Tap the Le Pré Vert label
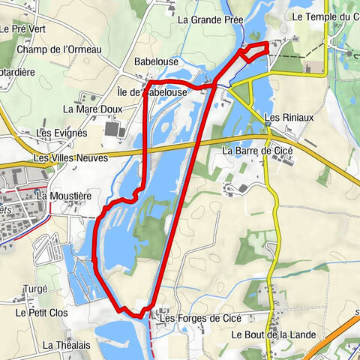pos(25,30)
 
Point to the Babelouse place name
pos(155,61)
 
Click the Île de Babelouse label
pos(152,92)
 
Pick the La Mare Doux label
pos(92,109)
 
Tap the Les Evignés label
pos(62,133)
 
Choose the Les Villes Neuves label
pos(70,158)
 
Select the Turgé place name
pos(35,289)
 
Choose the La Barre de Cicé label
pos(257,150)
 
